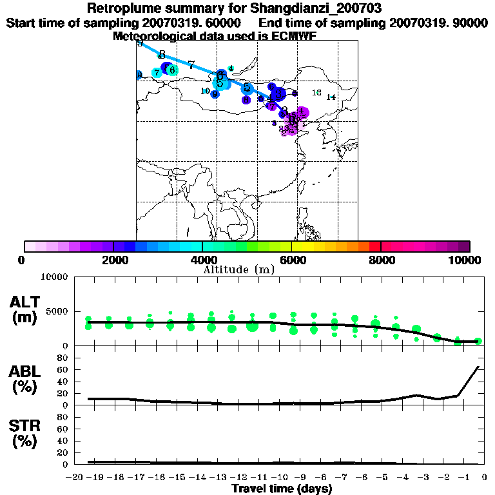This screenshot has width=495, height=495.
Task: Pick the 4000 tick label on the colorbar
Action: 202,260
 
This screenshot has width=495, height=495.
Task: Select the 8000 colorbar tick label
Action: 381,260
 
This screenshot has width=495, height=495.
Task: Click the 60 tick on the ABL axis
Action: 63,369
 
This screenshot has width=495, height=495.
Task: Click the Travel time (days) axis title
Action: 282,489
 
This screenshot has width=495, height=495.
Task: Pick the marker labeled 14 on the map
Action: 331,97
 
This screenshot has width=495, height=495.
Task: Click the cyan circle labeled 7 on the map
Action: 157,73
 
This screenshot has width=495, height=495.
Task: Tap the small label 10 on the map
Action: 205,91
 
